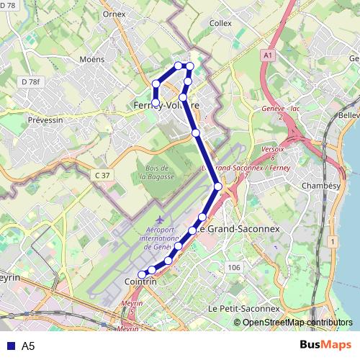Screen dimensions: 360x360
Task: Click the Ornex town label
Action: tap(114, 13)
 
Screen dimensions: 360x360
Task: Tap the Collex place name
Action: tap(220, 23)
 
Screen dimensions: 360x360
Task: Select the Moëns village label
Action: tap(93, 59)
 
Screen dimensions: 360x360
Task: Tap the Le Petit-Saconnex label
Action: tap(243, 308)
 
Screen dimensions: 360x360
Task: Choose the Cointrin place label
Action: tap(140, 282)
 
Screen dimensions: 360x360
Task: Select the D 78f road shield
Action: tap(30, 82)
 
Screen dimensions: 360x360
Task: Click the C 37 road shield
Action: tap(102, 175)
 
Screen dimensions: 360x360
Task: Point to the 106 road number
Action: tap(233, 267)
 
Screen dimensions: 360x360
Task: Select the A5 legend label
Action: tap(28, 346)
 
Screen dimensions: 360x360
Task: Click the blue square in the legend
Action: tap(10, 346)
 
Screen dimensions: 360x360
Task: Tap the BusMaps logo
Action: tap(325, 345)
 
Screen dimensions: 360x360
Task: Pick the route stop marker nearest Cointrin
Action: tap(142, 274)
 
